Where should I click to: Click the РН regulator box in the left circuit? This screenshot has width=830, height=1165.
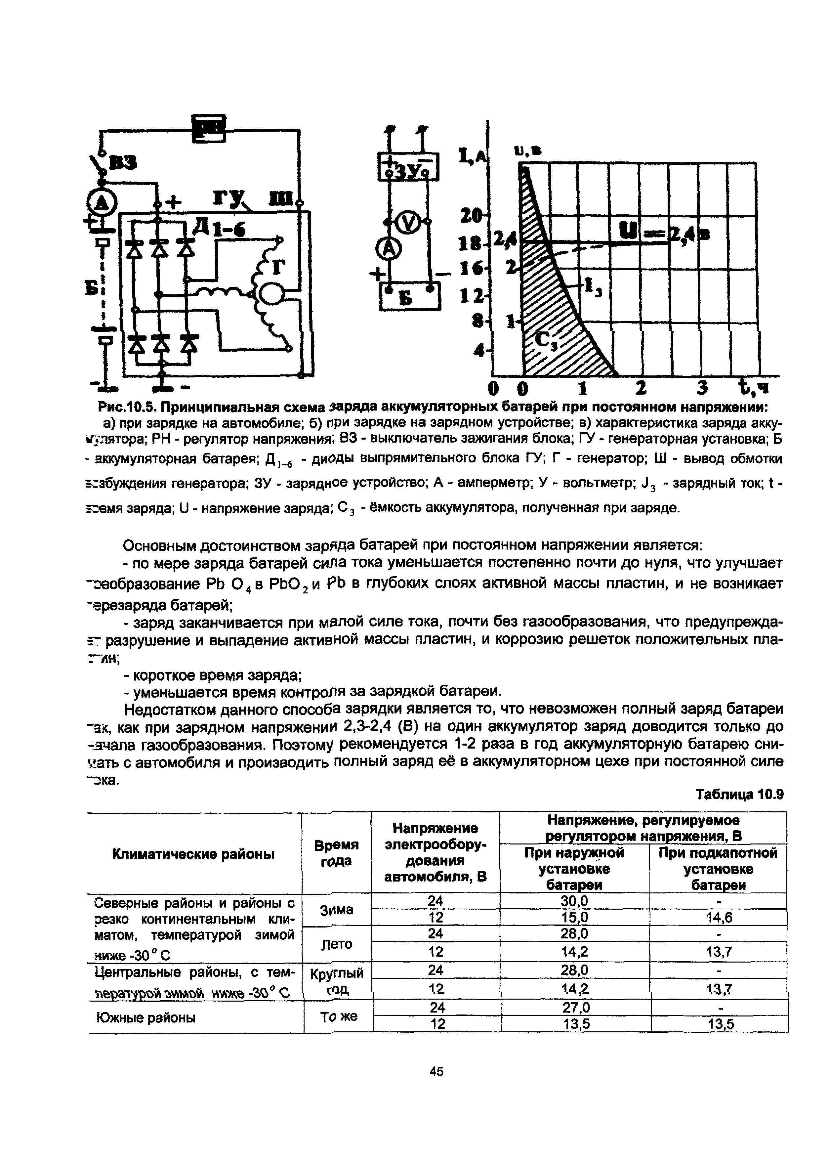pyautogui.click(x=208, y=128)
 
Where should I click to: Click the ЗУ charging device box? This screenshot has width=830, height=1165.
pyautogui.click(x=408, y=167)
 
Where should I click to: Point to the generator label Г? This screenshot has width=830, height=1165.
pyautogui.click(x=278, y=267)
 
